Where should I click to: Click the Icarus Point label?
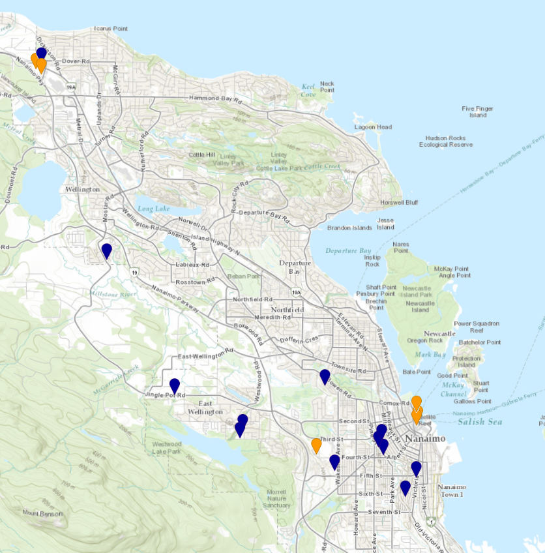[x=110, y=29]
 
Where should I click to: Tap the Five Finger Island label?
[x=477, y=112]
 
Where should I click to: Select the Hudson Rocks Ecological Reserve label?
[x=446, y=142]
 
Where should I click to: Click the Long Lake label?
[x=154, y=209]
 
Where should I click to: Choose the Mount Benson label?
[x=44, y=514]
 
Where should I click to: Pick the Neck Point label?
[x=327, y=87]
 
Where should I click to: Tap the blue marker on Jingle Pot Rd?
[x=175, y=386]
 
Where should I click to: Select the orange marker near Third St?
[x=316, y=445]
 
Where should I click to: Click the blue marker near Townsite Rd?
[x=325, y=376]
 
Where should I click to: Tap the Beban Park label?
[x=243, y=276]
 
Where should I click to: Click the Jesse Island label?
[x=385, y=224]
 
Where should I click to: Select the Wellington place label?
[x=81, y=189]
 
